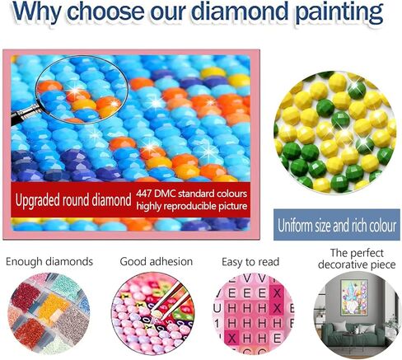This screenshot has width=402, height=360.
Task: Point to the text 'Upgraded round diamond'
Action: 73,199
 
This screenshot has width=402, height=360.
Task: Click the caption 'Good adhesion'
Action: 156,262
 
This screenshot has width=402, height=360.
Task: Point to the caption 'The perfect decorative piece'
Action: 350,259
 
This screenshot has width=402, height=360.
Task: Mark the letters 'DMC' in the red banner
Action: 174,191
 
